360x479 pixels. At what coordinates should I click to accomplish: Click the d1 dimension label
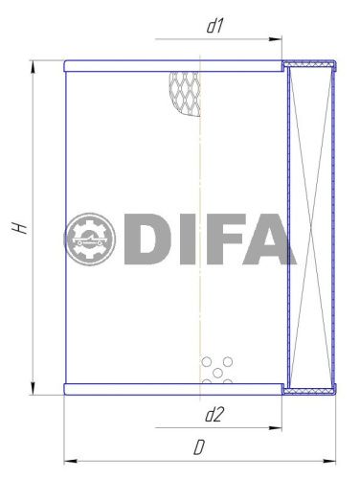[214, 27]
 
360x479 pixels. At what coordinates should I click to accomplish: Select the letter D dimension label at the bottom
[198, 446]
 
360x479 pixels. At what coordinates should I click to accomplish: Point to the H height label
[19, 227]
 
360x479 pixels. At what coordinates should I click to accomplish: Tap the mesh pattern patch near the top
[186, 92]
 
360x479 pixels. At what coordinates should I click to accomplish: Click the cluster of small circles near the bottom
[217, 371]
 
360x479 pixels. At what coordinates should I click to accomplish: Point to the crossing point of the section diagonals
[312, 227]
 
